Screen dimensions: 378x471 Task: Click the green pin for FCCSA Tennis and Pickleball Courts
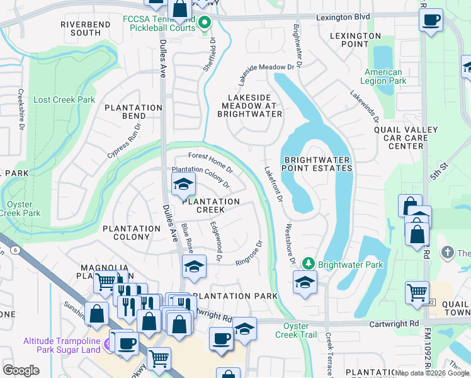tap(205, 24)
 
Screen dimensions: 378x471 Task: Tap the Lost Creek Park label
tap(64, 100)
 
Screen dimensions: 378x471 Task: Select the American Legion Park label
tap(383, 76)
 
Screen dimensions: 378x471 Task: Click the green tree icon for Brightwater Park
tap(309, 263)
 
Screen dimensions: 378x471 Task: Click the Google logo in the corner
tap(21, 370)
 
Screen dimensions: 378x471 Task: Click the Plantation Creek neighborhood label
tap(211, 205)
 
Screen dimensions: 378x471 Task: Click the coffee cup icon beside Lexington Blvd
tap(431, 20)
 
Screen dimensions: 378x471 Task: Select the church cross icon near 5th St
tap(447, 252)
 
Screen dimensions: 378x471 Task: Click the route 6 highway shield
tap(14, 250)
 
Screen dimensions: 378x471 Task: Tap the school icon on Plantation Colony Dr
tap(184, 185)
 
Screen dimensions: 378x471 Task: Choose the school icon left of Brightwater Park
tap(305, 282)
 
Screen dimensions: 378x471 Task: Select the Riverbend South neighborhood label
tap(86, 28)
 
